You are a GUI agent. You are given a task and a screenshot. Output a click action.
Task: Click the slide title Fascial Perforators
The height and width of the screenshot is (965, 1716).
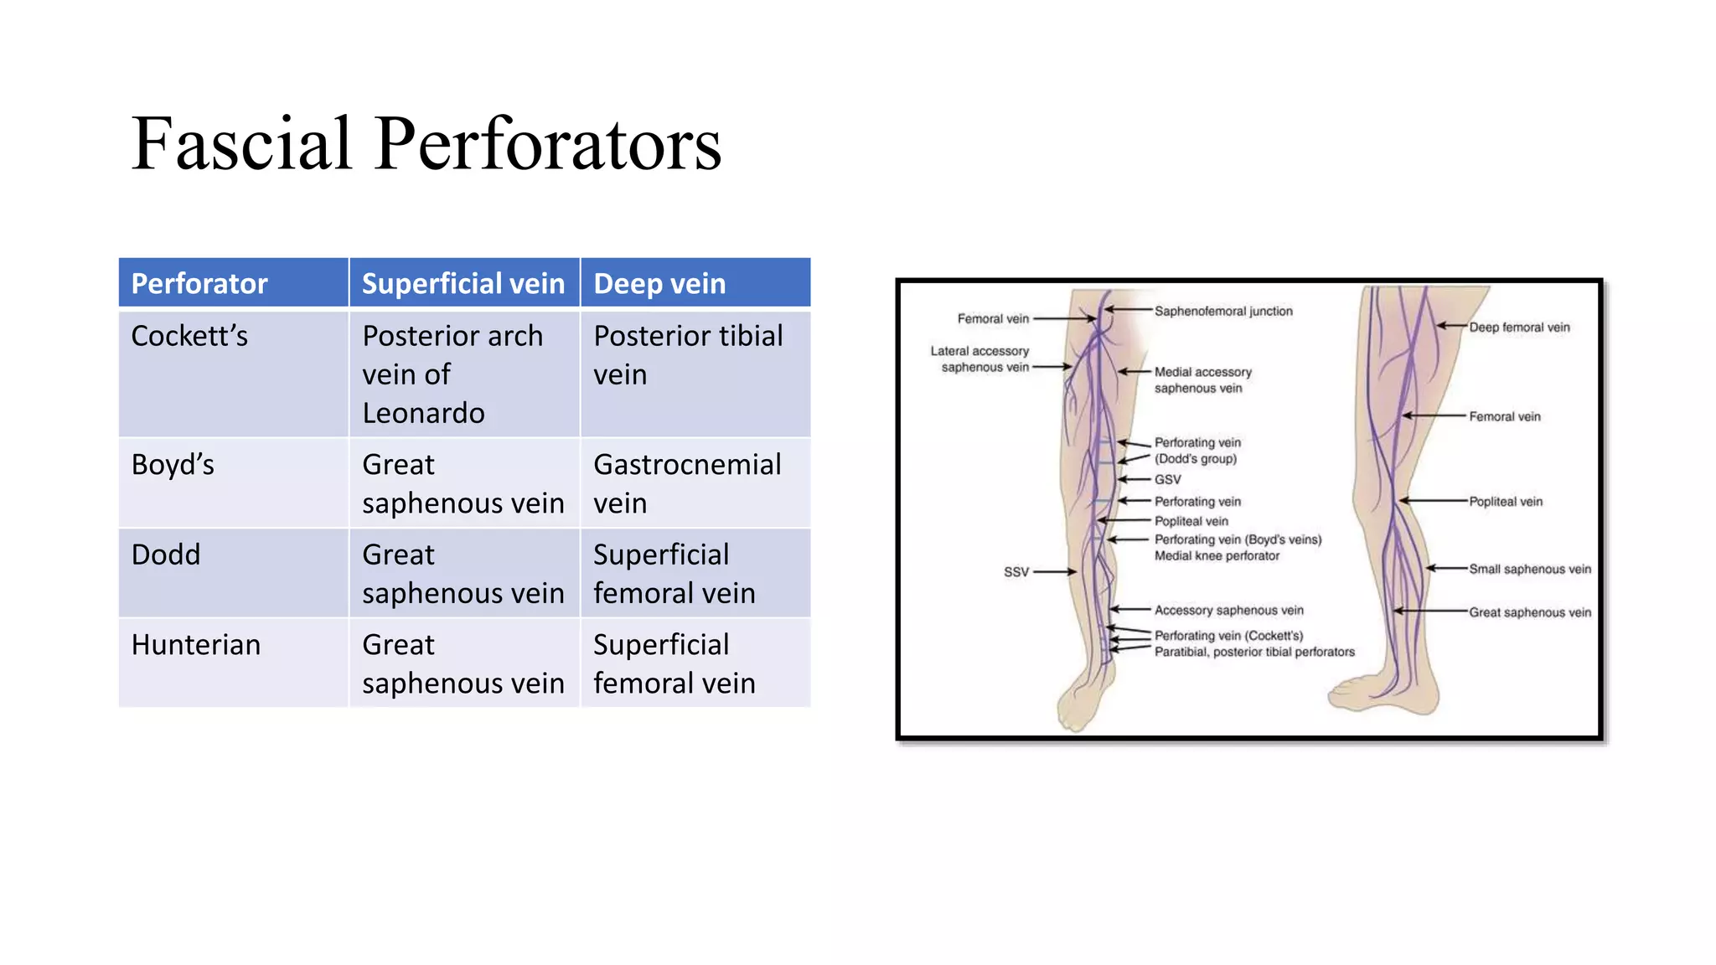426,144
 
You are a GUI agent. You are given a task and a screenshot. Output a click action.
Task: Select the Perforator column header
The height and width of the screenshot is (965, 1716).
199,284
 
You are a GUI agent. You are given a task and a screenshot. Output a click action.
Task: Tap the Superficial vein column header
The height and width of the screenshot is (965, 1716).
463,284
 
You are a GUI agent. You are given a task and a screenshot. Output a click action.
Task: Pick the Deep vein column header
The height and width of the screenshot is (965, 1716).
659,284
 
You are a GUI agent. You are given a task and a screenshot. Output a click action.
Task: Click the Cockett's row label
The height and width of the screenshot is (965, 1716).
189,336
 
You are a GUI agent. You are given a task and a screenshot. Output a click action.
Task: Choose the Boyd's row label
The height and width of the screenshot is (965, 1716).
173,465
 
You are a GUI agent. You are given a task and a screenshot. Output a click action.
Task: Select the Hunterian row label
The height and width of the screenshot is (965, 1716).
196,645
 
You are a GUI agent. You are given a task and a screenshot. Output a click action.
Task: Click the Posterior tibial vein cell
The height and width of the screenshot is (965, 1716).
688,355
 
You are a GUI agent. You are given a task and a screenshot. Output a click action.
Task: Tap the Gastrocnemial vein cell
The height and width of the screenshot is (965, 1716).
687,484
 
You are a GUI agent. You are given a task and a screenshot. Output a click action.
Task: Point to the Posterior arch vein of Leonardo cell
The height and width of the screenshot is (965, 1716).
452,374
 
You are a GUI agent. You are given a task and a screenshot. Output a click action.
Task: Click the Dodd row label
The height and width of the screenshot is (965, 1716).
166,555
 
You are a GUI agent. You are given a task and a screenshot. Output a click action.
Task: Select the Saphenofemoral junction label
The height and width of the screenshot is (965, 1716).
1223,312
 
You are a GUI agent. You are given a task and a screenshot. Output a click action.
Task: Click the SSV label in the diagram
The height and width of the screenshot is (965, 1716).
1016,572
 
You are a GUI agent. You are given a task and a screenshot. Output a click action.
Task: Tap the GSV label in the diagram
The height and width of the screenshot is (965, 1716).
1167,480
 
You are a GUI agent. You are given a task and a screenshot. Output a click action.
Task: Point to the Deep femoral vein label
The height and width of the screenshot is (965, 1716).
1519,328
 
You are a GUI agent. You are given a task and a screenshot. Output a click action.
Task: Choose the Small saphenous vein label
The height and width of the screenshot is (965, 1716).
1529,570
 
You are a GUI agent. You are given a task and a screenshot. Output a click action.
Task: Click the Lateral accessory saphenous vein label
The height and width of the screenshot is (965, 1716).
980,359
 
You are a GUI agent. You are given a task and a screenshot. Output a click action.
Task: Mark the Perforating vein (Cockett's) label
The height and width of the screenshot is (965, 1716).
1228,636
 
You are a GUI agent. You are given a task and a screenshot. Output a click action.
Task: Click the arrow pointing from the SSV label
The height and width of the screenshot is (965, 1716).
1055,572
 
